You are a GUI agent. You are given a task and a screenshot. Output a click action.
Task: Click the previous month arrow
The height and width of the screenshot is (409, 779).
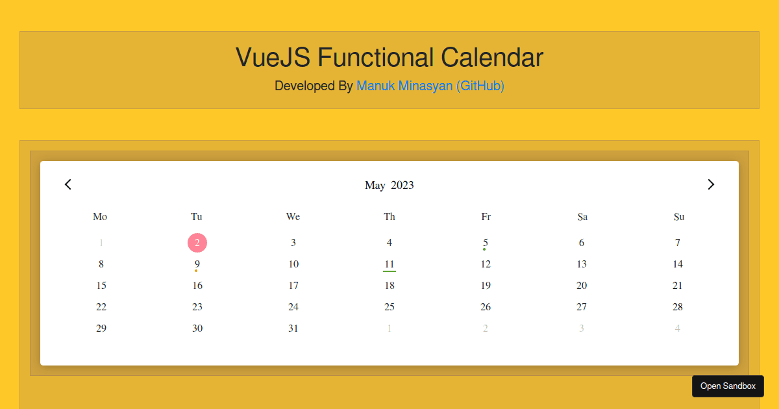point(68,184)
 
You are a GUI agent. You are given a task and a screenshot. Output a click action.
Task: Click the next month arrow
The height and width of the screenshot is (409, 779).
point(711,184)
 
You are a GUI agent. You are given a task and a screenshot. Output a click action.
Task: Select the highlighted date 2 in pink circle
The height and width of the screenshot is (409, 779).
point(197,243)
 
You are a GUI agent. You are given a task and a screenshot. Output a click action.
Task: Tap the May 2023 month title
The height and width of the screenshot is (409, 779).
point(389,185)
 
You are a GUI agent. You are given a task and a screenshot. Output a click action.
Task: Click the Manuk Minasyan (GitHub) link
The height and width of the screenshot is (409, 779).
point(430,86)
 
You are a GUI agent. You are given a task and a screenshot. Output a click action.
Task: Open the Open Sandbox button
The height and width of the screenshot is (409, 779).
point(728,386)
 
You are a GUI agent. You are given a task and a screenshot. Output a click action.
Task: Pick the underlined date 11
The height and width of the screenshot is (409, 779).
point(389,264)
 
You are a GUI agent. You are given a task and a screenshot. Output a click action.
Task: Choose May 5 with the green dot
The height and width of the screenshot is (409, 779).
point(486,243)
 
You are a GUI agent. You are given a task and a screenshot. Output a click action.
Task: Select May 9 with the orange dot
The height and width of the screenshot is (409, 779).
point(197,264)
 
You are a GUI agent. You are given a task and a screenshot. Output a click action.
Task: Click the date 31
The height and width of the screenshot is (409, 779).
point(293,328)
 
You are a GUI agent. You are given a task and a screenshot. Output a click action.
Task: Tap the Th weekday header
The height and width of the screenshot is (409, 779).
point(389,217)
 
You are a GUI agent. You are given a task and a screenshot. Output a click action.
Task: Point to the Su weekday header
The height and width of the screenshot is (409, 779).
point(679,217)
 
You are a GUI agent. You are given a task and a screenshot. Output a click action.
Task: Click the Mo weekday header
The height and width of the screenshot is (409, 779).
point(100,217)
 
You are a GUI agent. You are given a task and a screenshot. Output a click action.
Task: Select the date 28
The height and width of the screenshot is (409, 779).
point(678,307)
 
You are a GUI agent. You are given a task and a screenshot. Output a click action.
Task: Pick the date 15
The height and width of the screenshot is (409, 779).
point(101,286)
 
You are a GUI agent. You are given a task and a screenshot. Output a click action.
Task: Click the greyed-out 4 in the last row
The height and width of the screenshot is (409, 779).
point(678,328)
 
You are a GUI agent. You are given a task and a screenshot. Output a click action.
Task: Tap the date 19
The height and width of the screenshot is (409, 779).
point(486,286)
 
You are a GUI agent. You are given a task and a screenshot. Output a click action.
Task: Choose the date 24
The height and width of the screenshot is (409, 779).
point(293,307)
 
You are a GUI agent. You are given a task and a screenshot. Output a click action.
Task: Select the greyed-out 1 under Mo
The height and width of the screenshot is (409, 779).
point(101,243)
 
